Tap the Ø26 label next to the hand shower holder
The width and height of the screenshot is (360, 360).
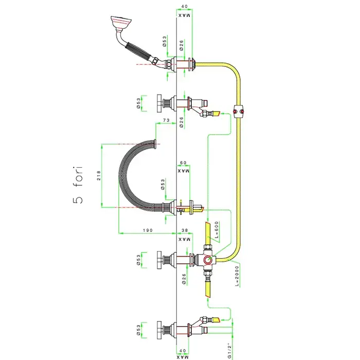(x=182, y=45)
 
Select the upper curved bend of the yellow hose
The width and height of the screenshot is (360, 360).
(x=231, y=70)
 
